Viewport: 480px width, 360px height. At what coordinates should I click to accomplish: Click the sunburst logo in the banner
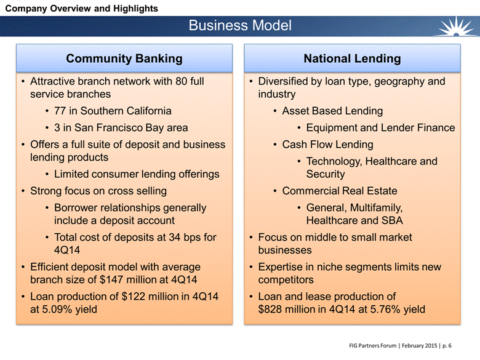(456, 26)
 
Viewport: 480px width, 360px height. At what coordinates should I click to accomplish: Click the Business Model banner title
(240, 25)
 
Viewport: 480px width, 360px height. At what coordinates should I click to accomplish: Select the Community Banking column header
(124, 58)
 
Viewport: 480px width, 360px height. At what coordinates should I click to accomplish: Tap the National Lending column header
(353, 58)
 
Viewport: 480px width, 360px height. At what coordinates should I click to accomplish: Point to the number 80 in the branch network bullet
(181, 81)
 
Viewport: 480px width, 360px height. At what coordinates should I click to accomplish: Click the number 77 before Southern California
(60, 111)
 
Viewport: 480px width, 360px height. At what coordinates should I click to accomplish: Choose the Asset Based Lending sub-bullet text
(332, 111)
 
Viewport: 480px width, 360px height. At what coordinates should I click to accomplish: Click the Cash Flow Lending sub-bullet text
(327, 145)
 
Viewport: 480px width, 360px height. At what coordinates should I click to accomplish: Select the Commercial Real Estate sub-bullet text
(340, 191)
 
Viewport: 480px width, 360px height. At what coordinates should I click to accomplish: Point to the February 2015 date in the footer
(420, 346)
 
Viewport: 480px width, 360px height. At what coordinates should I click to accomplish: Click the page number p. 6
(447, 346)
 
